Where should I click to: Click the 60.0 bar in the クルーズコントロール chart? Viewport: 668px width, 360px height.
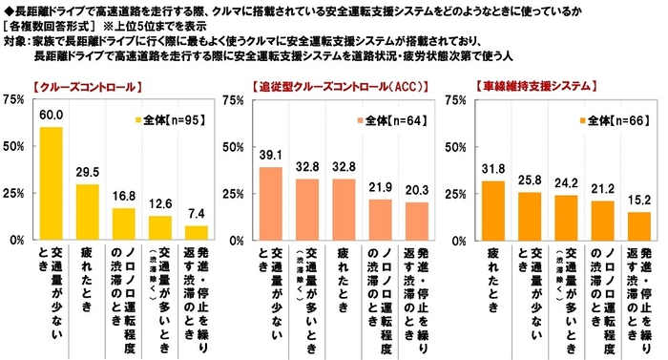tap(51, 183)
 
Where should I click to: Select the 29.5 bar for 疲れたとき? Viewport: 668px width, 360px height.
tap(87, 212)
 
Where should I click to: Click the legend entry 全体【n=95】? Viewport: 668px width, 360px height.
tap(168, 120)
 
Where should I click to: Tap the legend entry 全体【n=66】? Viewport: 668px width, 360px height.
tap(615, 120)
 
